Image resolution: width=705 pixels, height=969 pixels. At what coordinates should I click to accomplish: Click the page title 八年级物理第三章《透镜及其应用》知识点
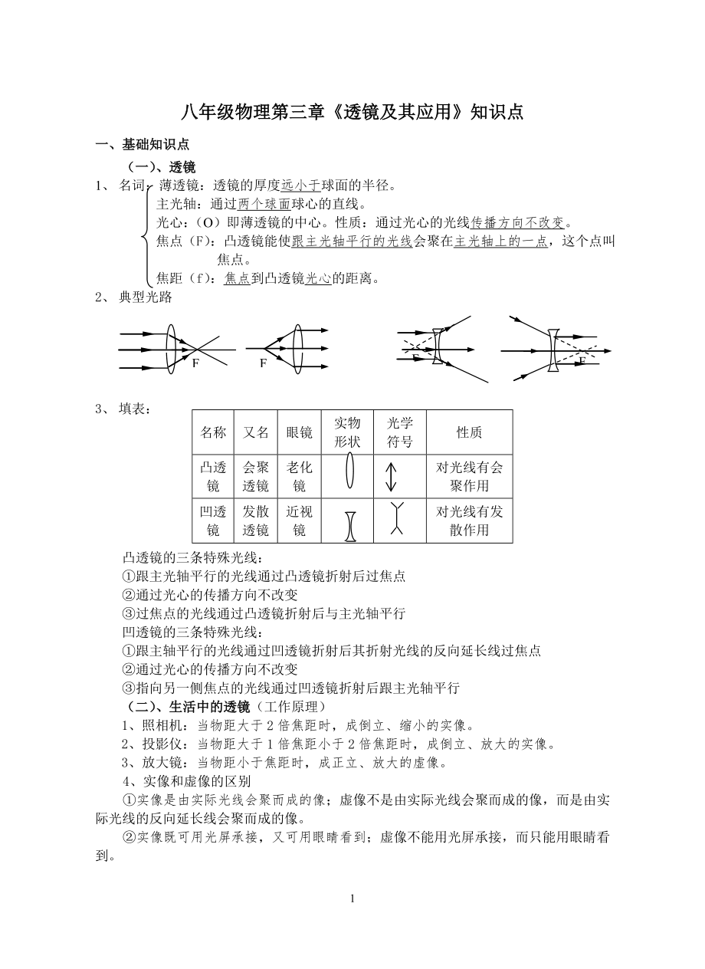[352, 112]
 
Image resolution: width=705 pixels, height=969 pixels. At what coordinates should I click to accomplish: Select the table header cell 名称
[213, 432]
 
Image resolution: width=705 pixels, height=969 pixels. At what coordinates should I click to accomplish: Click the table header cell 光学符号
[399, 432]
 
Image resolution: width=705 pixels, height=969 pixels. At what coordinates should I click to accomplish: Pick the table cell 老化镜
[299, 476]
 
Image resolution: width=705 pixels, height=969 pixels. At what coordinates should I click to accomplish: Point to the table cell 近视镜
[299, 521]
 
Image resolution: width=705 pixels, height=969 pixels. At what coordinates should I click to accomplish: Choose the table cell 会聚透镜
[256, 476]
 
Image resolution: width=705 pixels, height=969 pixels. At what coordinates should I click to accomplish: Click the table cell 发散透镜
[256, 521]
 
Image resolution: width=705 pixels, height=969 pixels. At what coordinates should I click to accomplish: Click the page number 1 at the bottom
[352, 898]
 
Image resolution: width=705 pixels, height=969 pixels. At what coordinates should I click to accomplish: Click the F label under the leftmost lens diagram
[195, 363]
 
